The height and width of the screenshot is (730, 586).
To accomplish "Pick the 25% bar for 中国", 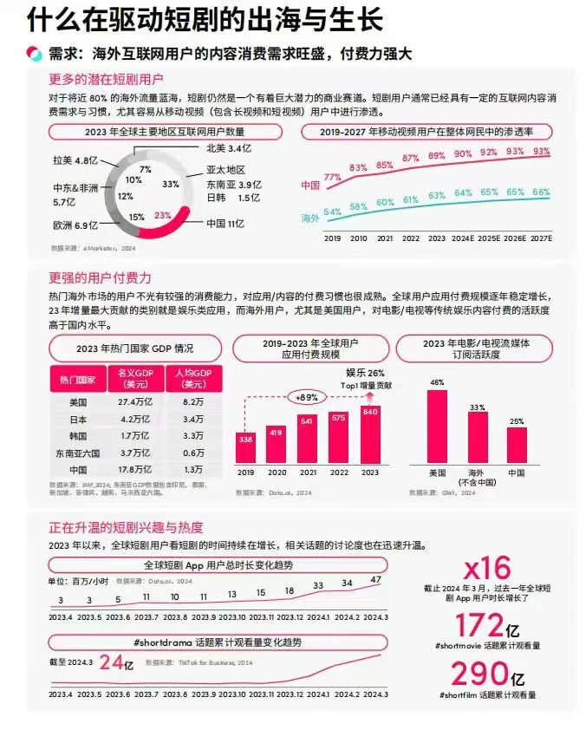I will point(517,444).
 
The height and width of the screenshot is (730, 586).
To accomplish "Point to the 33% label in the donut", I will point(171,183).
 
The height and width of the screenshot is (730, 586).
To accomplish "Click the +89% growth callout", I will point(307,398).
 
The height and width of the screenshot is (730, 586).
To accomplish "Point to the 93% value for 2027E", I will point(542,152).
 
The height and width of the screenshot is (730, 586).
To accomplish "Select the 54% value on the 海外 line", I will point(331,212).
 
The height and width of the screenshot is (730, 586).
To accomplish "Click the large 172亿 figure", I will point(487,626).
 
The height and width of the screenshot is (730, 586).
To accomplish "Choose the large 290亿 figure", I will point(487,675).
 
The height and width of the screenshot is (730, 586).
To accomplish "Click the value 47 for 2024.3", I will point(374,579).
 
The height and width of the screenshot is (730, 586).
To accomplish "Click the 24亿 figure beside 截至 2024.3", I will point(115,662).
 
